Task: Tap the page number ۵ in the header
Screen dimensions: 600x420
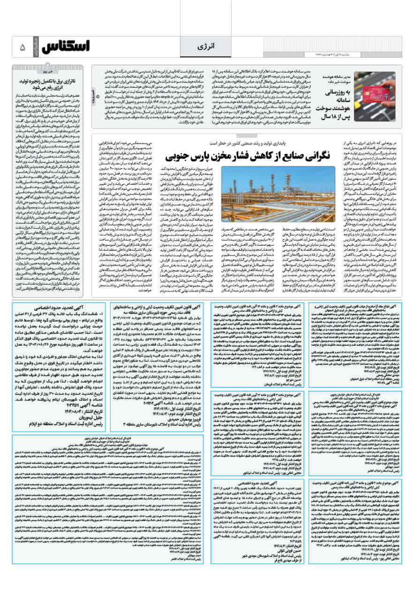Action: (x=22, y=47)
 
